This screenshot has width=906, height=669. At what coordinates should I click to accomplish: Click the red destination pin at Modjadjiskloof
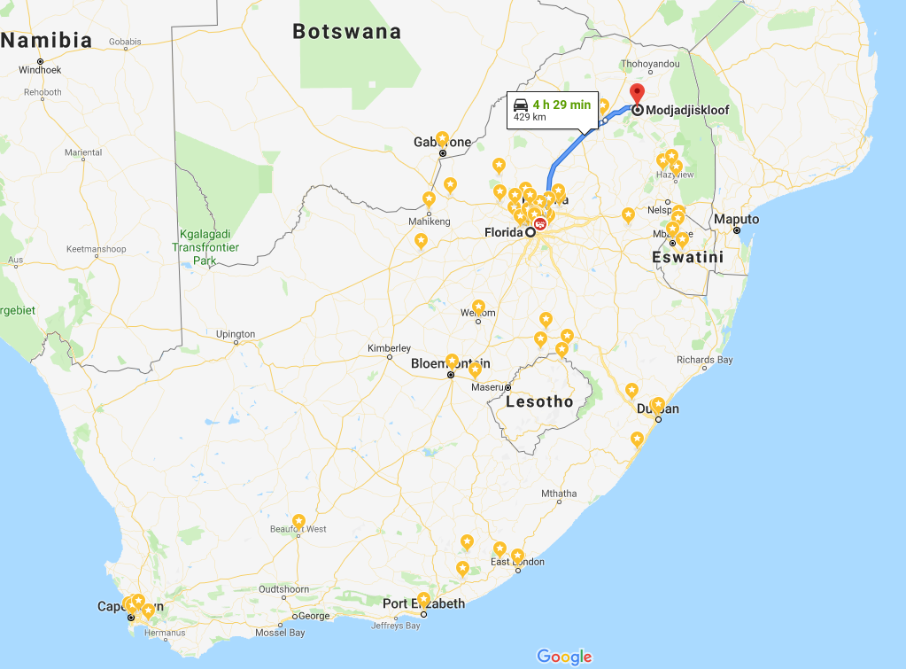pyautogui.click(x=637, y=95)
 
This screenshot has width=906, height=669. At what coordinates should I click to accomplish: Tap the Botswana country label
pyautogui.click(x=346, y=32)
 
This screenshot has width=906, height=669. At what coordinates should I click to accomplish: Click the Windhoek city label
pyautogui.click(x=40, y=71)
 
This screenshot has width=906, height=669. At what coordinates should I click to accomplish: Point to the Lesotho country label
pyautogui.click(x=538, y=401)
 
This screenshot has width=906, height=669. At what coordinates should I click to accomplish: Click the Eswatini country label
pyautogui.click(x=687, y=257)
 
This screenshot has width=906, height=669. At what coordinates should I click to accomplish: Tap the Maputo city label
pyautogui.click(x=736, y=219)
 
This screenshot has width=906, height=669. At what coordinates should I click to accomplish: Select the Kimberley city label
pyautogui.click(x=390, y=348)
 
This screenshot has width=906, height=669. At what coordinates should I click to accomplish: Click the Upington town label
pyautogui.click(x=236, y=334)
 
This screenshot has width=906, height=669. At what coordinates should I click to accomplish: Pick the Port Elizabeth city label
pyautogui.click(x=423, y=603)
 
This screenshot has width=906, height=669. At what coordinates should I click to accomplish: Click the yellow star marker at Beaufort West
pyautogui.click(x=299, y=520)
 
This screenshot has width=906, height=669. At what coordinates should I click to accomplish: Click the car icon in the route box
pyautogui.click(x=521, y=104)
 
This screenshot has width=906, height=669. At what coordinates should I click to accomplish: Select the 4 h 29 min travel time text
pyautogui.click(x=561, y=105)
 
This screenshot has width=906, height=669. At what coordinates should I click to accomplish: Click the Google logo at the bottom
pyautogui.click(x=564, y=657)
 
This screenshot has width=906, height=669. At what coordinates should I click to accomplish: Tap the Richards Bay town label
pyautogui.click(x=705, y=360)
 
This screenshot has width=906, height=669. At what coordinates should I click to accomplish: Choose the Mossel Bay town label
pyautogui.click(x=280, y=633)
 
